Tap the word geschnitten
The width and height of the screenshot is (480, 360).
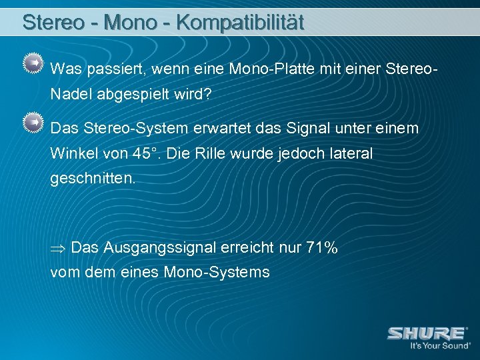[x=92, y=179]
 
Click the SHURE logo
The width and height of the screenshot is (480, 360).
[x=426, y=333]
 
